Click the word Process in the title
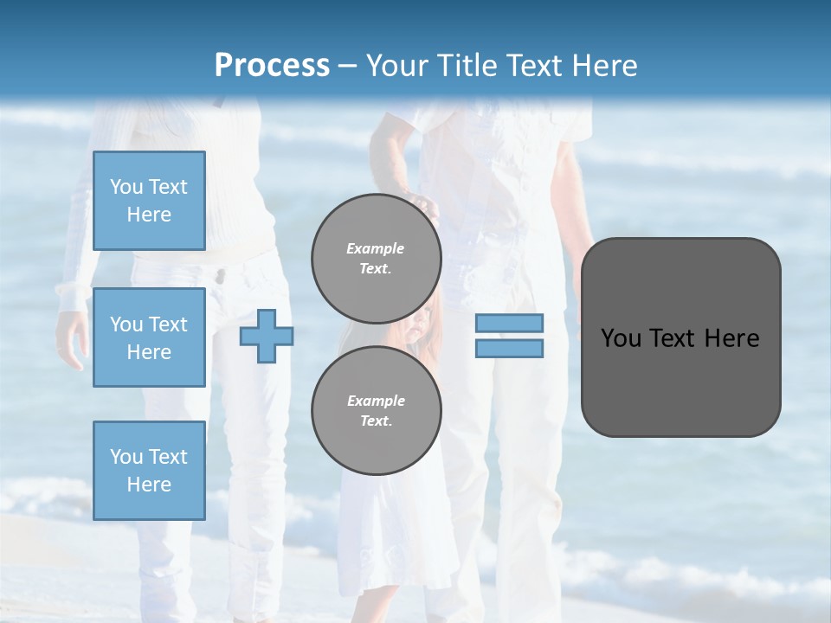click(272, 65)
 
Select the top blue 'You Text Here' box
click(149, 201)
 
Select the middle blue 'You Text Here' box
click(149, 337)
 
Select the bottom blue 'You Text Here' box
click(149, 470)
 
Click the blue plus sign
click(267, 336)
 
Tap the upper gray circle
click(376, 259)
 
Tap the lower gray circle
click(376, 411)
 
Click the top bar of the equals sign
click(509, 323)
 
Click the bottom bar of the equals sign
click(509, 349)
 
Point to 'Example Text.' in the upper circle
click(376, 259)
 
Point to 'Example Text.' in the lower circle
click(376, 411)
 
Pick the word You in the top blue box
click(126, 187)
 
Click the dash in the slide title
click(347, 66)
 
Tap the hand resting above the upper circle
click(423, 204)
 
